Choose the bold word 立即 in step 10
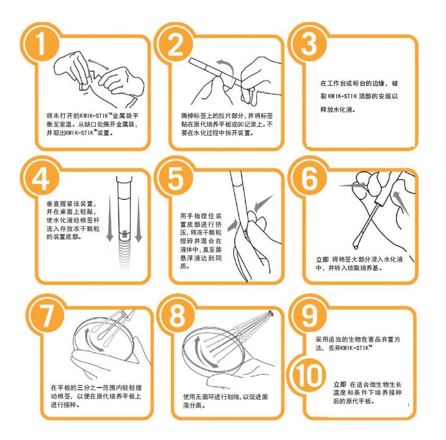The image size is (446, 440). [340, 384]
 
